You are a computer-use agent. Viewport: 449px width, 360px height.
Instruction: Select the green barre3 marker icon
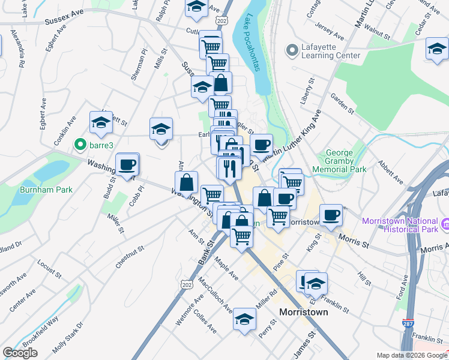pos(79,145)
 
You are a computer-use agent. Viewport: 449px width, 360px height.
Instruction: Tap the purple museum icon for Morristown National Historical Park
pos(444,225)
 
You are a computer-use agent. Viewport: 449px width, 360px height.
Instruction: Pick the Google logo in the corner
pos(20,353)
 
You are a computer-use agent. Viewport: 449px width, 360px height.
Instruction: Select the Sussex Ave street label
pos(64,20)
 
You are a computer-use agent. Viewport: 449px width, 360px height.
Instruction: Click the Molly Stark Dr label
pos(67,339)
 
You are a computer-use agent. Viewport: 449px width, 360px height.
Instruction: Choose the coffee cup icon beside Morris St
pos(331,215)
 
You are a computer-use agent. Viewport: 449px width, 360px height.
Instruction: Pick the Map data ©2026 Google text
pos(412,355)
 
